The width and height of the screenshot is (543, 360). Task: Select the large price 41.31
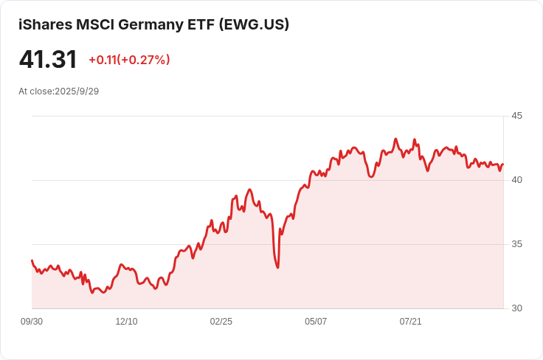48,59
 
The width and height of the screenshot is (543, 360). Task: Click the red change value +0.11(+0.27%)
129,60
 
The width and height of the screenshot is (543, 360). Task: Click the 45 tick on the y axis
516,116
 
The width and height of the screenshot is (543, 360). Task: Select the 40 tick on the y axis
516,180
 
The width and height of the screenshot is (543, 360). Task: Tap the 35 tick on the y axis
516,244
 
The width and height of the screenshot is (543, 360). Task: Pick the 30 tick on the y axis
516,308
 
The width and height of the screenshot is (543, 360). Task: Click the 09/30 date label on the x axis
32,322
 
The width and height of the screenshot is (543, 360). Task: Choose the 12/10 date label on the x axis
126,322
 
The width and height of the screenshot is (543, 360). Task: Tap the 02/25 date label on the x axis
221,322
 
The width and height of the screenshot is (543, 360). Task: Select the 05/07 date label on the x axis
316,322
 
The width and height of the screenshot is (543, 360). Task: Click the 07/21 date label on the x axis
410,322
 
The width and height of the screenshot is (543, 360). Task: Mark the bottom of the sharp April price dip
277,267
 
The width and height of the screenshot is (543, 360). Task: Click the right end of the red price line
503,164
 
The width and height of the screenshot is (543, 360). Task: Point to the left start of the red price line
32,260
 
